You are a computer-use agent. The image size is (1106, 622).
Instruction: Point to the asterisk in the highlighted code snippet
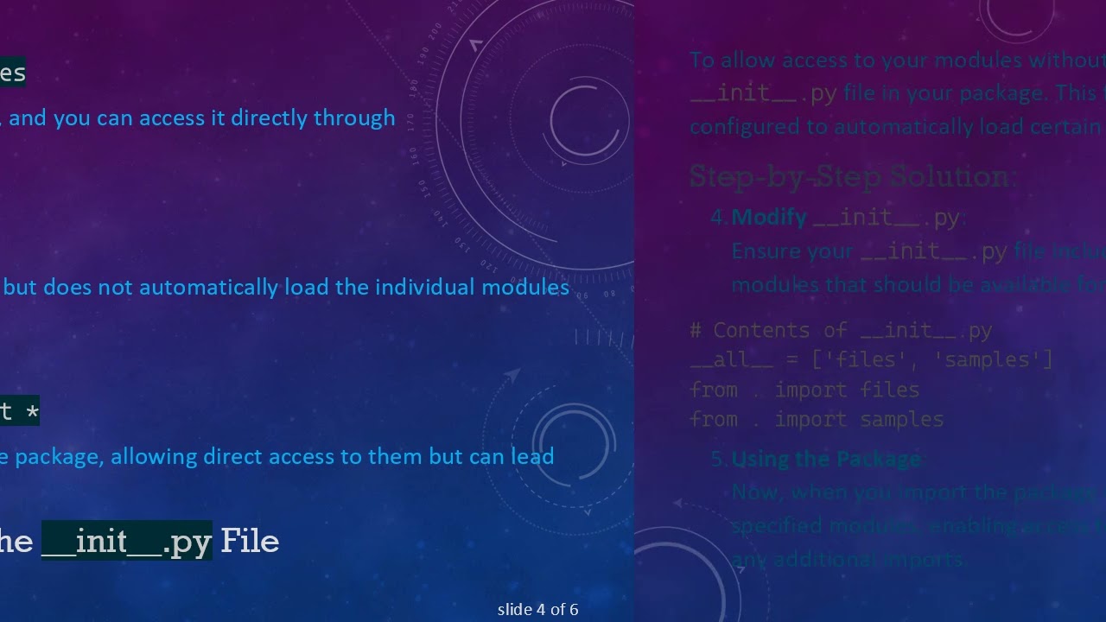tap(32, 411)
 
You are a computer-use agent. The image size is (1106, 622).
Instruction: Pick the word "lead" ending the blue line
tap(531, 456)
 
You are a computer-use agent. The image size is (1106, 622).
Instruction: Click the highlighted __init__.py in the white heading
tap(126, 542)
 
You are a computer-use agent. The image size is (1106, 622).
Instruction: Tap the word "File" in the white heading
tap(250, 542)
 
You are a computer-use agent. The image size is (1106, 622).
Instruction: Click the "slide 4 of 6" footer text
tap(537, 610)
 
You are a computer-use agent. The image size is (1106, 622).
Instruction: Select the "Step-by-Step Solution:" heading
tap(854, 177)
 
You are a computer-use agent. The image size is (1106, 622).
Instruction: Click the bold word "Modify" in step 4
tap(769, 217)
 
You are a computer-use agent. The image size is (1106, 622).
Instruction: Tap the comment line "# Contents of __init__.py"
tap(840, 330)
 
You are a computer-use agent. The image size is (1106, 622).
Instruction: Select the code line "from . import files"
tap(804, 390)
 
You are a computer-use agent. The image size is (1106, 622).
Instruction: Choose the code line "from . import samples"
tap(816, 419)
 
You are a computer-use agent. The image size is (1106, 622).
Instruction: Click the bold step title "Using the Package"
tap(826, 459)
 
